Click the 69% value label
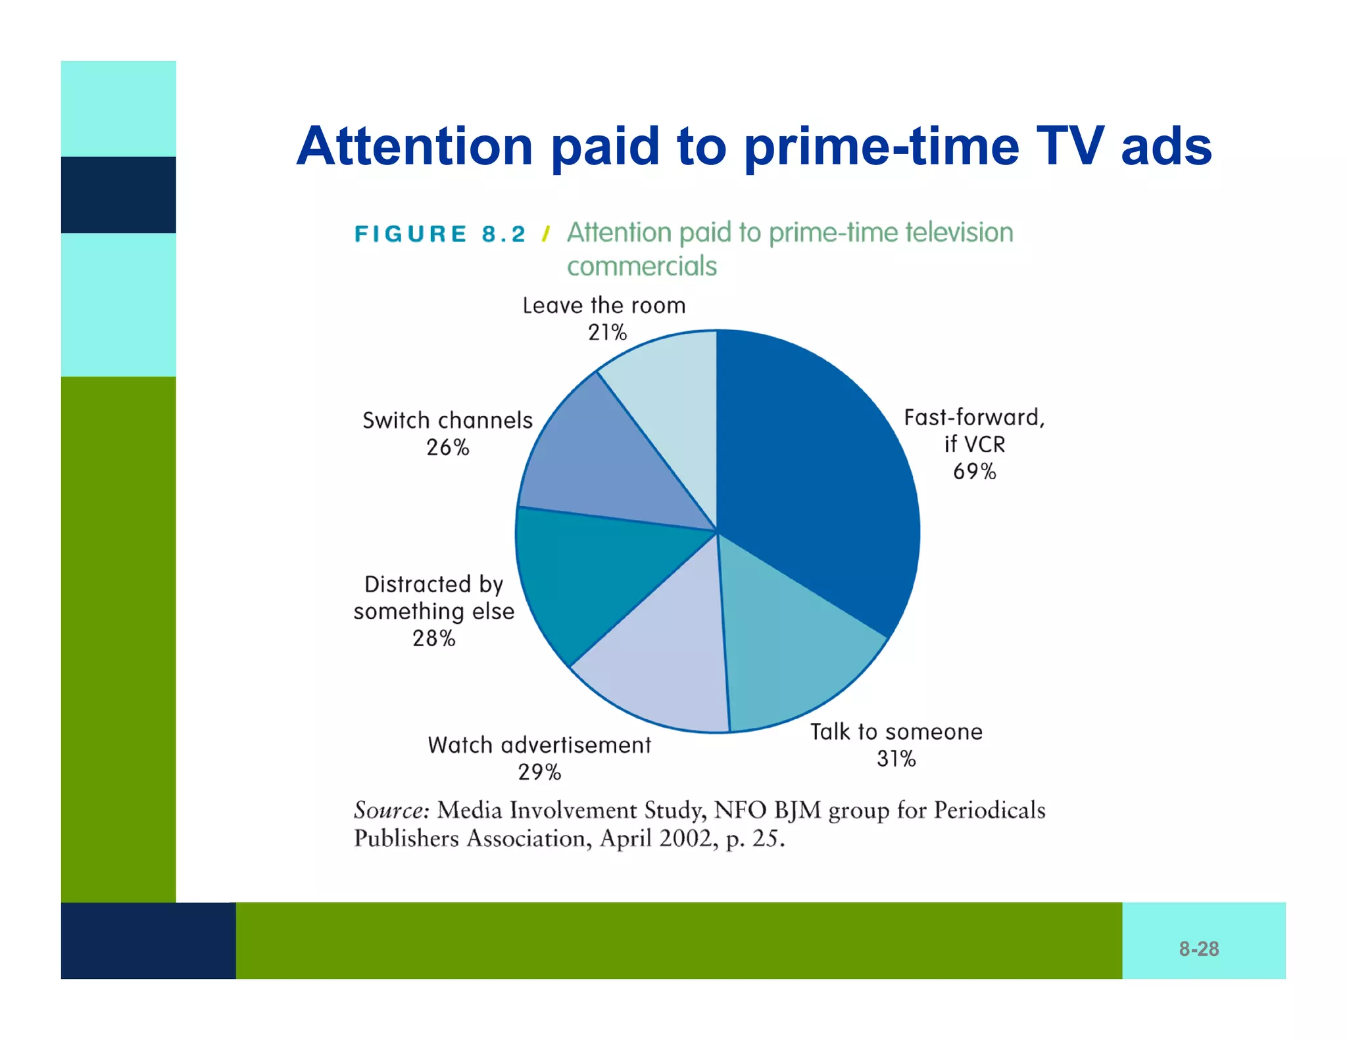click(x=974, y=471)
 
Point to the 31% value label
click(x=896, y=759)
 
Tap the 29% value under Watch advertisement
click(x=539, y=772)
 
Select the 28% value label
click(x=433, y=638)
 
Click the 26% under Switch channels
click(x=447, y=447)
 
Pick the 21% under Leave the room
click(x=607, y=333)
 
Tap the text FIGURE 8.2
click(x=439, y=234)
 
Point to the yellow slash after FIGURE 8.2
click(x=546, y=234)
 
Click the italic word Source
click(x=391, y=810)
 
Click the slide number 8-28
click(x=1198, y=949)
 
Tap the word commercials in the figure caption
click(x=642, y=267)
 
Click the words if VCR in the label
click(x=974, y=444)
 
